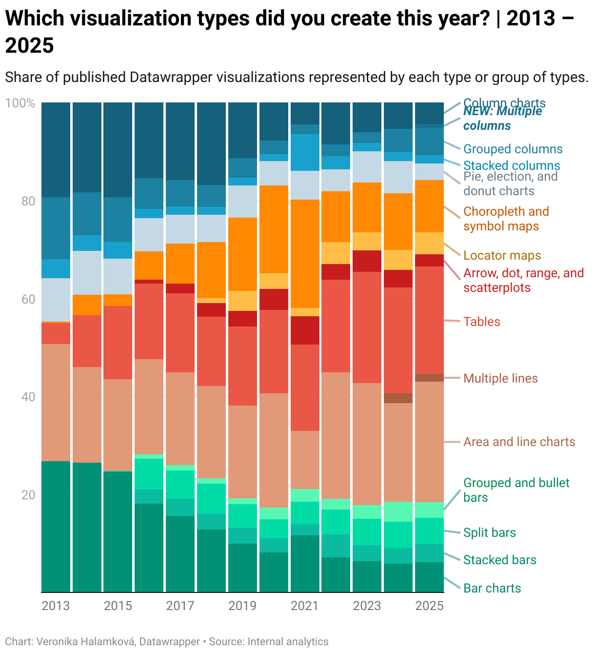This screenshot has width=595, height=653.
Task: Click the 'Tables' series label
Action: (x=482, y=322)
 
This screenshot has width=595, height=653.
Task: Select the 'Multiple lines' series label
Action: (x=500, y=378)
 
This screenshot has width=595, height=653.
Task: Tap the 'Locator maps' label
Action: (x=502, y=255)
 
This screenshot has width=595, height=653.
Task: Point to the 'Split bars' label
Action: (x=489, y=532)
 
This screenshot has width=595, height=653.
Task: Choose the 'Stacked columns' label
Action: (x=511, y=165)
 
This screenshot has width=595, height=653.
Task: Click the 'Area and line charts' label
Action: (x=519, y=442)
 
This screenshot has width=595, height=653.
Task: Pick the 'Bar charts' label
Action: (x=492, y=588)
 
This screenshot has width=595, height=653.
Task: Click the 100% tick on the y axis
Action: (x=20, y=103)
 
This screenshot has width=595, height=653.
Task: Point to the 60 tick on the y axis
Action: (x=28, y=299)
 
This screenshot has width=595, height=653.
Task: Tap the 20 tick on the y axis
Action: (x=28, y=495)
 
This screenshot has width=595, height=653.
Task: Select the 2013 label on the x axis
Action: (x=56, y=606)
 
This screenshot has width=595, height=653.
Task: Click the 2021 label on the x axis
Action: (x=305, y=606)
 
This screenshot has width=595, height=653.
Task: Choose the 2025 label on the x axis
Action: (x=429, y=606)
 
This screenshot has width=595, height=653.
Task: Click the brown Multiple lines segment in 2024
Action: (x=398, y=398)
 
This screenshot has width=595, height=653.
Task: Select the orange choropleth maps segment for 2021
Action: (x=305, y=253)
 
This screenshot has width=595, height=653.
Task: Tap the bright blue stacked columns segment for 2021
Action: (x=305, y=152)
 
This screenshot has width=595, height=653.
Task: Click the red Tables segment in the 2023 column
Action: (x=367, y=327)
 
